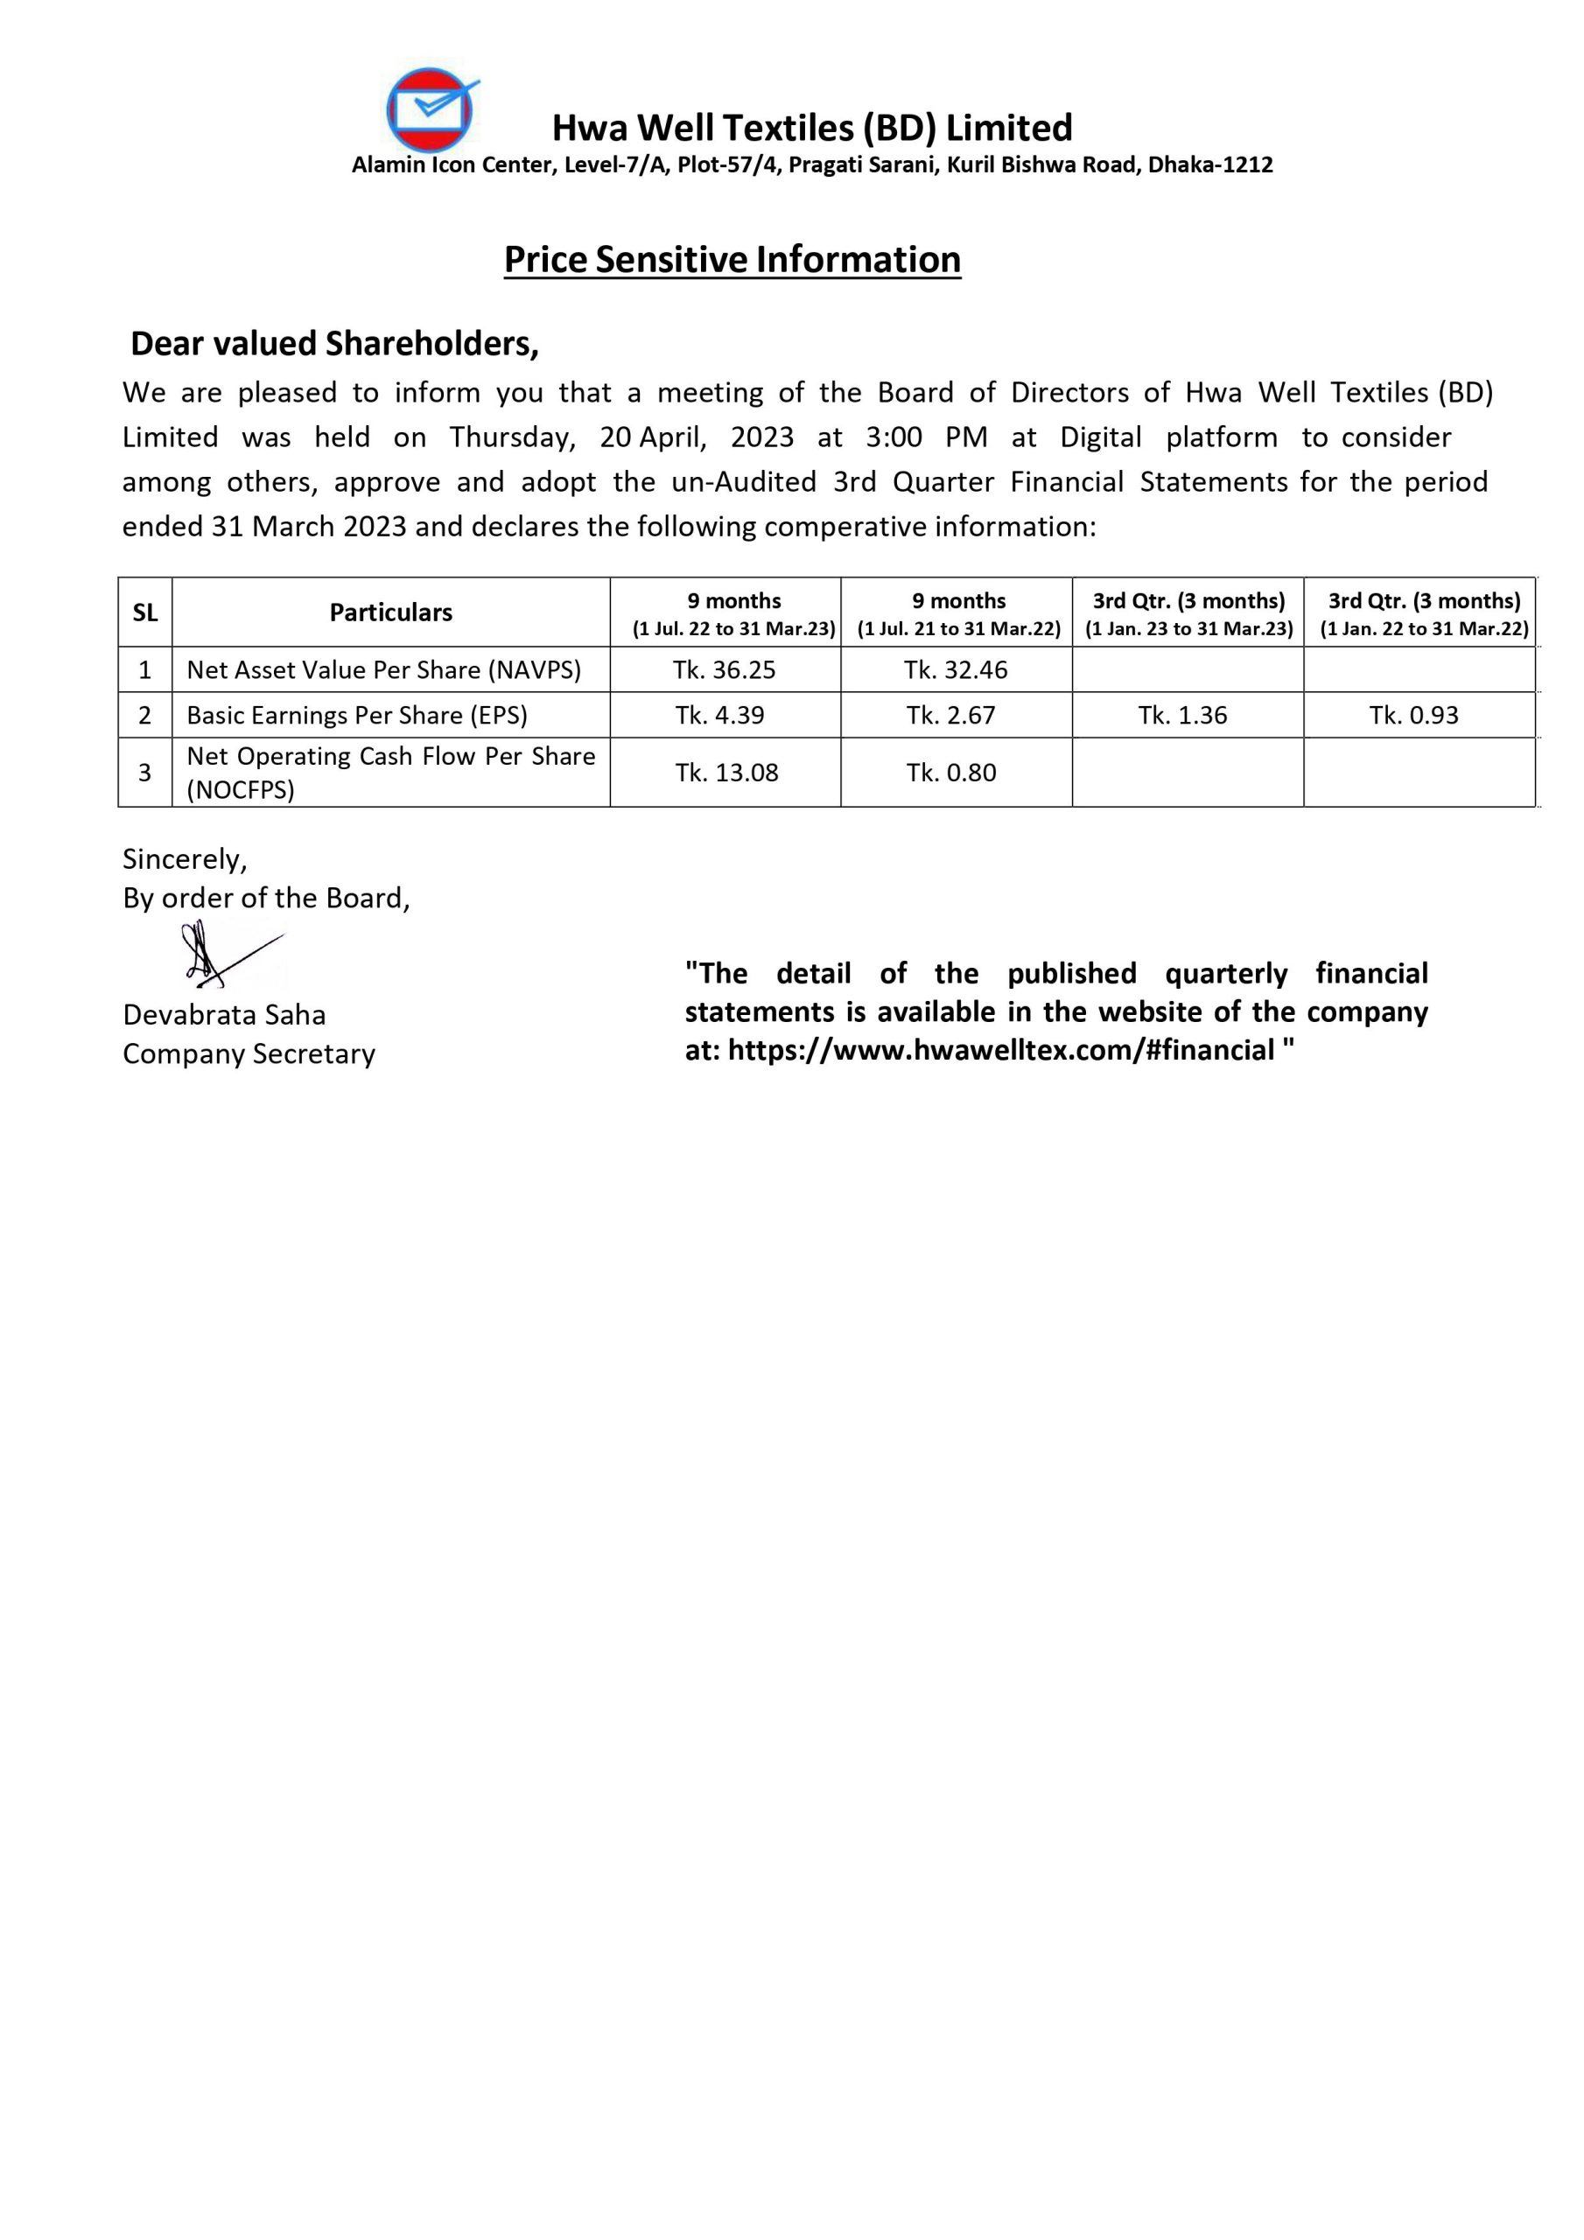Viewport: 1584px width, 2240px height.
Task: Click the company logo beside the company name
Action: pyautogui.click(x=431, y=110)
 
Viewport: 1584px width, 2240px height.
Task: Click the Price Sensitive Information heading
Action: pyautogui.click(x=732, y=260)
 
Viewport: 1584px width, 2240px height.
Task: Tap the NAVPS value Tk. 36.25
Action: pyautogui.click(x=723, y=670)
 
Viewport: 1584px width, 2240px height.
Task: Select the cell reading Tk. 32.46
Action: pyautogui.click(x=955, y=670)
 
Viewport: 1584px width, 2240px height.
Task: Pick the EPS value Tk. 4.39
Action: pyautogui.click(x=719, y=715)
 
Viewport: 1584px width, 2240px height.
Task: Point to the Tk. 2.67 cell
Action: pyautogui.click(x=950, y=715)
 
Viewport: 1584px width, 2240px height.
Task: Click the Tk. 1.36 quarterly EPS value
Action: pyautogui.click(x=1182, y=715)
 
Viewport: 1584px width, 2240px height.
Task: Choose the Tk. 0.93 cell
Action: pyautogui.click(x=1413, y=715)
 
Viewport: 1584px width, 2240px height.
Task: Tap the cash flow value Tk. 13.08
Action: pyautogui.click(x=726, y=773)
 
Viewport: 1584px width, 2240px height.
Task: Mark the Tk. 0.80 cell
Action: pyautogui.click(x=950, y=773)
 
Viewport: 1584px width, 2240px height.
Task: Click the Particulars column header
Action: pyautogui.click(x=390, y=612)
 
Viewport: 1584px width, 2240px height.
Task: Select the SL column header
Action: pyautogui.click(x=144, y=612)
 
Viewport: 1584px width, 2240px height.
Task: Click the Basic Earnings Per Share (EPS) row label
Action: pyautogui.click(x=356, y=715)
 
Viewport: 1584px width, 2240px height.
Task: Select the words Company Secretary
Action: pyautogui.click(x=249, y=1053)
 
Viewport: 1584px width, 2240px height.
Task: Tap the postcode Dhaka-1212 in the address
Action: pyautogui.click(x=1210, y=164)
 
